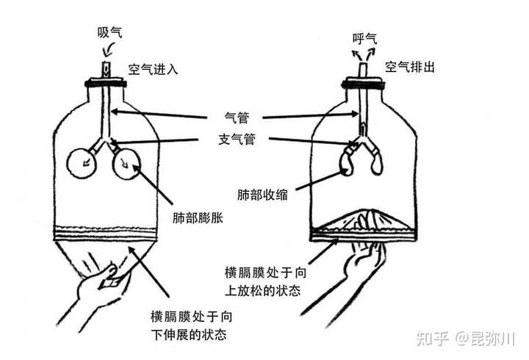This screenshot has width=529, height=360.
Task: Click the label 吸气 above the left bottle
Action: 110,32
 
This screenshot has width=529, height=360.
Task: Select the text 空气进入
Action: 154,69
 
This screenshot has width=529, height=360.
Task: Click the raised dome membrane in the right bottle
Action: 364,220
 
